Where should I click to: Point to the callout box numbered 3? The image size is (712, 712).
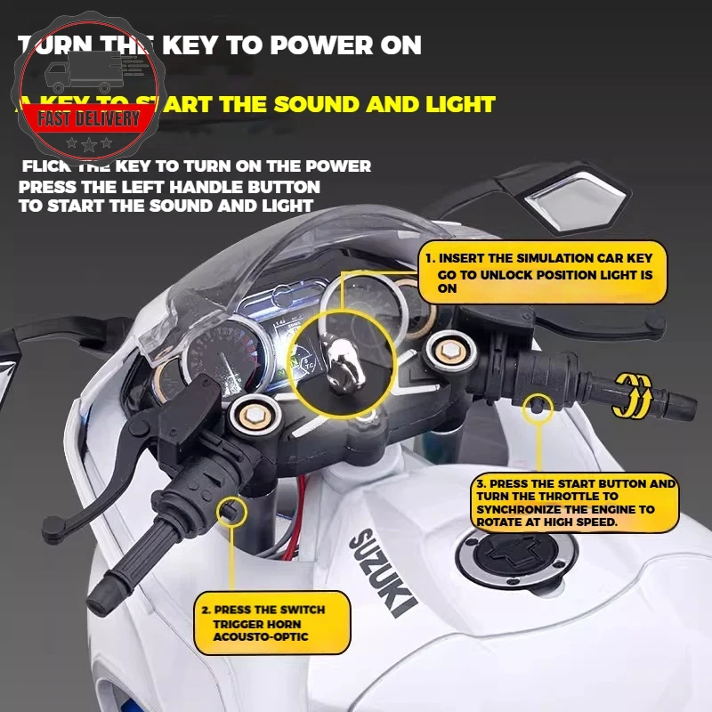pyautogui.click(x=575, y=503)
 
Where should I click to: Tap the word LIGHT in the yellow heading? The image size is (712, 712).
pyautogui.click(x=455, y=104)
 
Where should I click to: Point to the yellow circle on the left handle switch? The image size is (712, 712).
pyautogui.click(x=232, y=511)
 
